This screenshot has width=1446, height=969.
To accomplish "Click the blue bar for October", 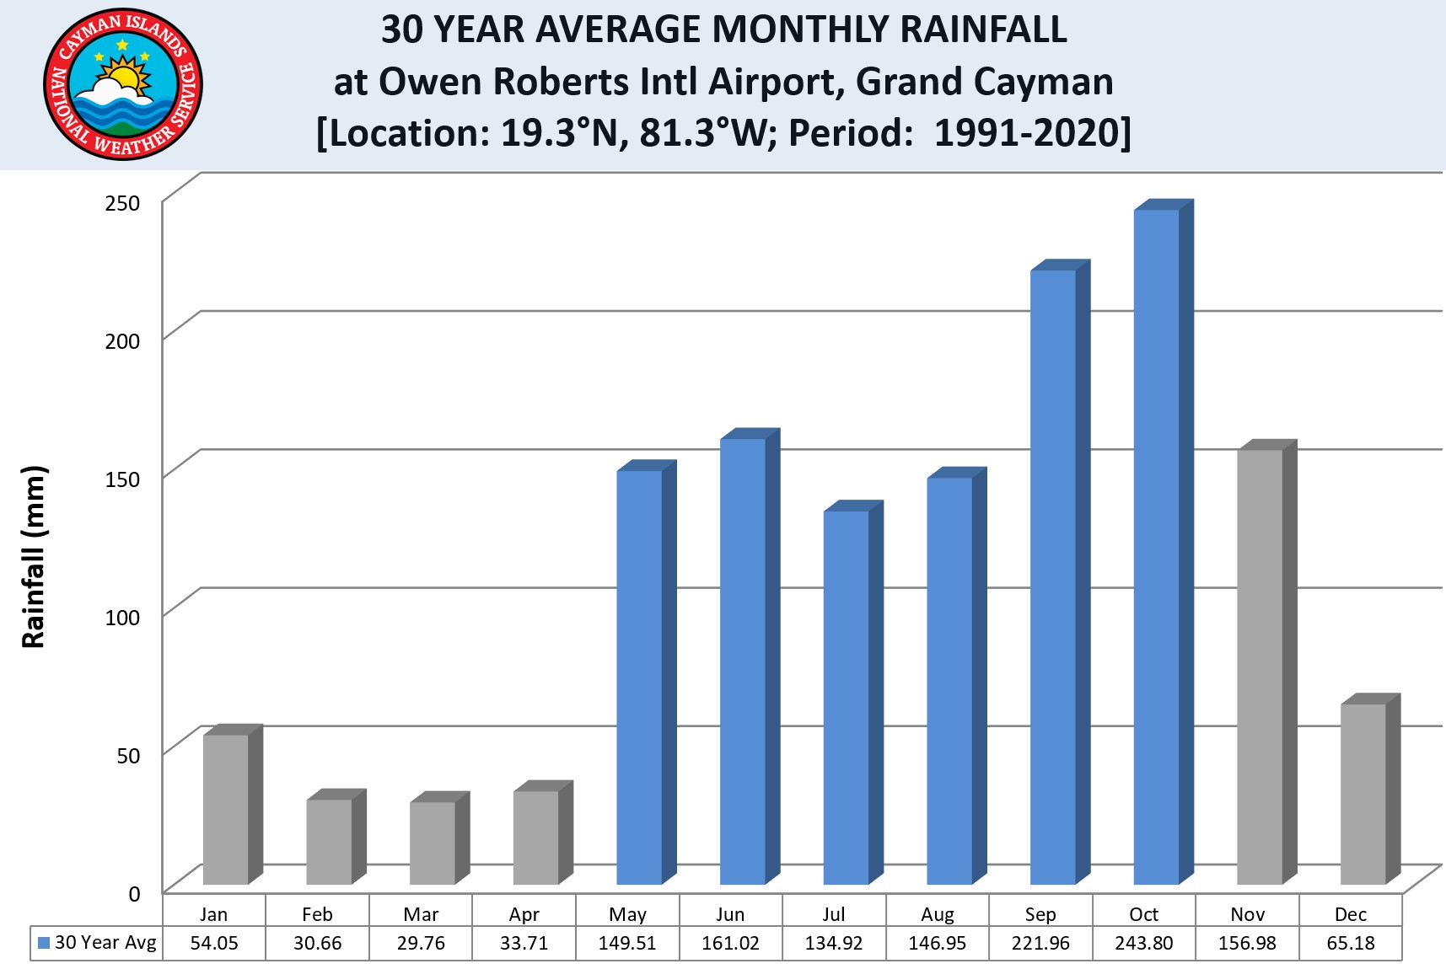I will (1156, 548).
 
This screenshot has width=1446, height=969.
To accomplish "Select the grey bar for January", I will (226, 809).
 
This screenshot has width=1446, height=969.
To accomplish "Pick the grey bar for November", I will (1260, 666).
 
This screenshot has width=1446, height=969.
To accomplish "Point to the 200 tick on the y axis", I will (122, 341).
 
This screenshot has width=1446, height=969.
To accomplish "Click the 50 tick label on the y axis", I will (128, 755).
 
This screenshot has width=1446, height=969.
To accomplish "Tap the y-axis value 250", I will (122, 203).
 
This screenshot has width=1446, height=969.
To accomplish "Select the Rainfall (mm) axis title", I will (34, 556).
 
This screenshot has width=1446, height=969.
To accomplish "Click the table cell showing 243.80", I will (1143, 943).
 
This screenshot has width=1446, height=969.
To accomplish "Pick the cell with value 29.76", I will (421, 943).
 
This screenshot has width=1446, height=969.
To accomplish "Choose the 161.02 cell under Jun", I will (730, 943).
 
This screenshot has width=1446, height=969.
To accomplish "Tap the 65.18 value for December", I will (1350, 943).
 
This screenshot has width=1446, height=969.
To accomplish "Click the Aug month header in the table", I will (937, 914).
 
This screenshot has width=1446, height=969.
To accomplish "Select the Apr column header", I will (524, 914).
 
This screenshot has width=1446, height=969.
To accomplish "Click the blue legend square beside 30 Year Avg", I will (44, 943).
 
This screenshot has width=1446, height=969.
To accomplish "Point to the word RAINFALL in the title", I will (983, 29).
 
